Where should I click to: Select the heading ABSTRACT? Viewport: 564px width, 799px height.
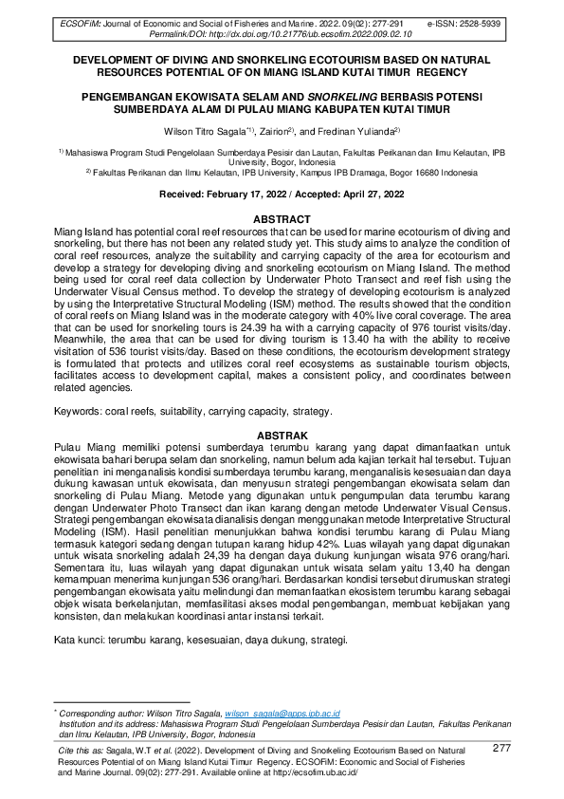click(x=282, y=218)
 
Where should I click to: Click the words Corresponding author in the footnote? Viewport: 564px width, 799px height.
click(x=102, y=713)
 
